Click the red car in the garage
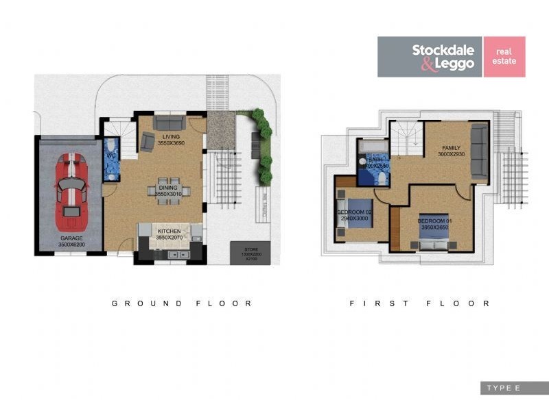click(x=71, y=192)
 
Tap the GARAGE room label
click(x=71, y=240)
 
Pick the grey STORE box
click(x=249, y=251)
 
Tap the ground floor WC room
click(x=111, y=159)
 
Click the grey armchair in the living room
click(x=148, y=142)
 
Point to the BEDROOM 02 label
click(x=354, y=215)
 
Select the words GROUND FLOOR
click(x=182, y=303)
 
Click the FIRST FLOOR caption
click(x=419, y=303)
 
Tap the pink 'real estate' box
click(x=504, y=57)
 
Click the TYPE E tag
click(x=504, y=388)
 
